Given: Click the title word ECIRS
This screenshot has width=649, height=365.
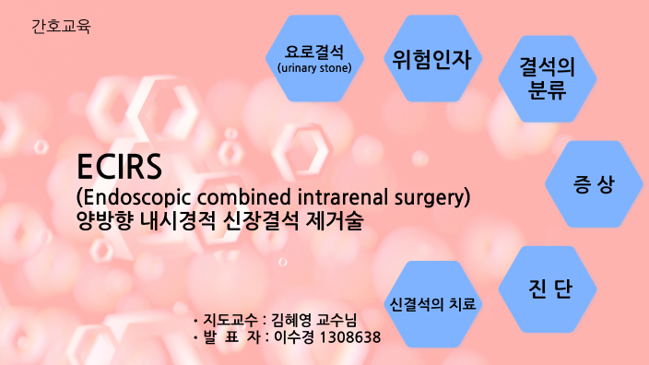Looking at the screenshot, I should (119, 167).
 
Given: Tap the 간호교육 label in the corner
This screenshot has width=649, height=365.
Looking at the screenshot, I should (61, 25).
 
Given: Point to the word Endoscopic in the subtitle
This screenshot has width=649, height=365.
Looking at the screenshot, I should (134, 197).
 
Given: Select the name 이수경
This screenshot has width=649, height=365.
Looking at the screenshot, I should (292, 338).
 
